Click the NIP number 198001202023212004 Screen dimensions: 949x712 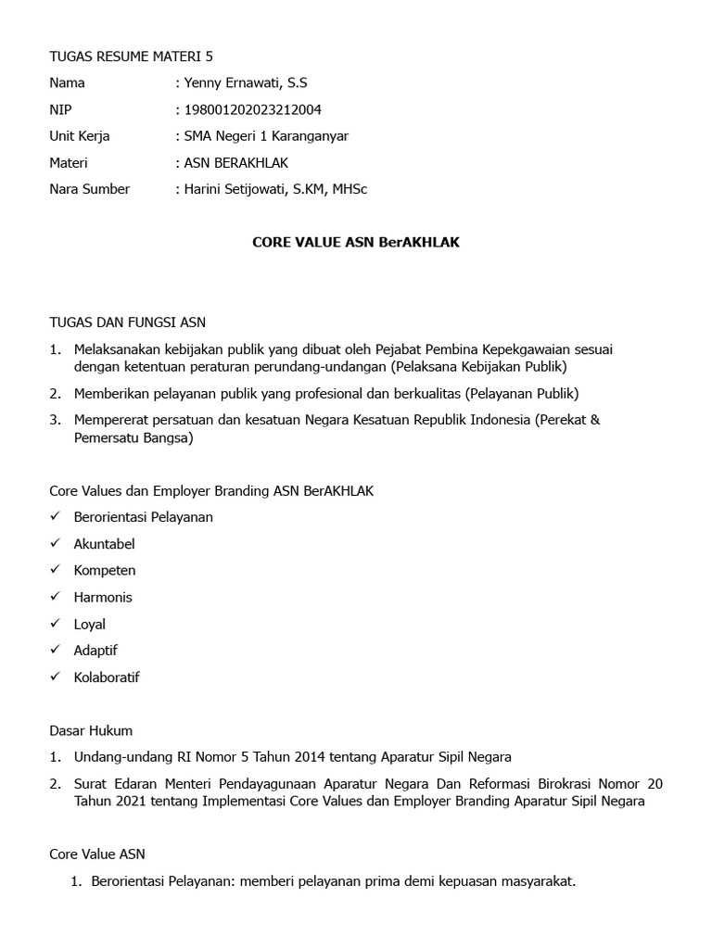[x=252, y=109]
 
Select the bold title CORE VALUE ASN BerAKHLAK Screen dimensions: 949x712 [x=356, y=243]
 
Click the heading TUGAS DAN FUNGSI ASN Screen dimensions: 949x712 [x=127, y=323]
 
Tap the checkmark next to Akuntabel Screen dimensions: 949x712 [x=55, y=543]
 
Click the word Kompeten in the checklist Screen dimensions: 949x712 [x=105, y=570]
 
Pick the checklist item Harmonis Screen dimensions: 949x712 [x=103, y=597]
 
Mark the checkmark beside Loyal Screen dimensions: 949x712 [x=55, y=623]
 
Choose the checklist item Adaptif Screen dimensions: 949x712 [x=95, y=651]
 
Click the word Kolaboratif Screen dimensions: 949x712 [x=107, y=677]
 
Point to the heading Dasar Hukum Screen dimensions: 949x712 [x=91, y=730]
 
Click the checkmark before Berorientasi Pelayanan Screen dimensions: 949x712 [x=55, y=516]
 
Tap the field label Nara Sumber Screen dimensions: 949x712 [x=89, y=189]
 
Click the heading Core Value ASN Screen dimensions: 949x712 [x=96, y=854]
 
